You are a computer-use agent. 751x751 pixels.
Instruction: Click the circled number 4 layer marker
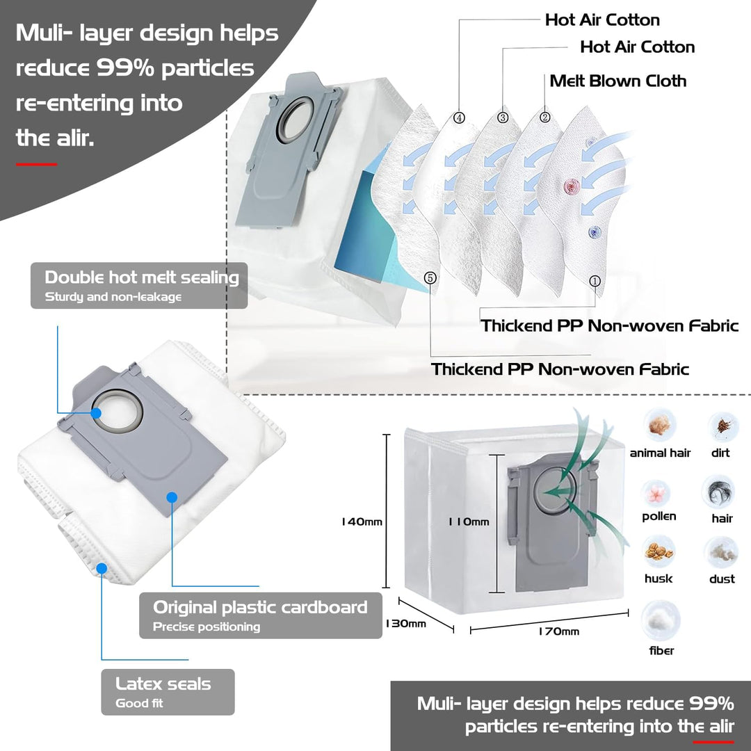tap(459, 118)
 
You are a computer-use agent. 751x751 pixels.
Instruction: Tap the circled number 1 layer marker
tap(595, 281)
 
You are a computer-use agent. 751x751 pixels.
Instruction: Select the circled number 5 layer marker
tap(430, 277)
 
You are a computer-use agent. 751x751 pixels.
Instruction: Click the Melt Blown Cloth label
tap(618, 81)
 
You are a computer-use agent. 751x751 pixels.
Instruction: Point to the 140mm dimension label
tap(362, 522)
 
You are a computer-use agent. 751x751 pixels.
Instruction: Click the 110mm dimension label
tap(469, 522)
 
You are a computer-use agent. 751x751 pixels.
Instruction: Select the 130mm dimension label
tap(405, 623)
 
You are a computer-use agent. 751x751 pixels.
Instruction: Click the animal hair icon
tap(659, 425)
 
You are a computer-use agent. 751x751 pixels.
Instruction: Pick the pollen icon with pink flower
tap(656, 493)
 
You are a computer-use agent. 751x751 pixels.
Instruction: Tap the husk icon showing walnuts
tap(659, 551)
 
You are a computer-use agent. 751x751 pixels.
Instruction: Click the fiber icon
tap(661, 621)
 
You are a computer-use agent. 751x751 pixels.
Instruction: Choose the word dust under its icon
tap(722, 579)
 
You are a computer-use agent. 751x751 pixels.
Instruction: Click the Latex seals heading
tap(163, 684)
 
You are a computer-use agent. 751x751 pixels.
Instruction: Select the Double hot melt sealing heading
tap(142, 277)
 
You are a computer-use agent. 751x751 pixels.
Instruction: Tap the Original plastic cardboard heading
tap(260, 607)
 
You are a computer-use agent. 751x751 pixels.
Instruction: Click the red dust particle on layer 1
tap(572, 186)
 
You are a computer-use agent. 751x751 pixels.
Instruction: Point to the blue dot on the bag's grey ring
tap(96, 412)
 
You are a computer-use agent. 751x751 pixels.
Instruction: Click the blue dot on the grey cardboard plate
tap(172, 497)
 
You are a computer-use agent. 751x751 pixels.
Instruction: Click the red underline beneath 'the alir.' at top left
tap(36, 164)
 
